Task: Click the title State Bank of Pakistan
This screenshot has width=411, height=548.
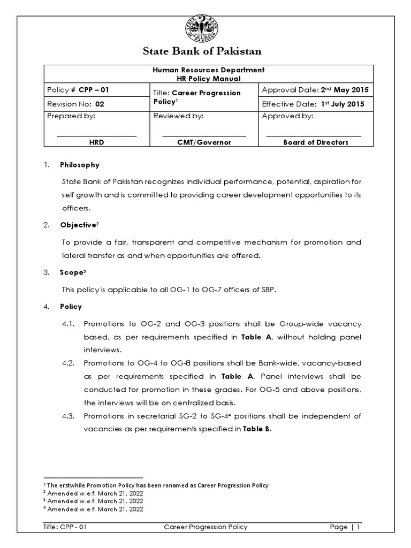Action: pyautogui.click(x=202, y=52)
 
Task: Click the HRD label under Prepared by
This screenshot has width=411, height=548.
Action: pyautogui.click(x=96, y=142)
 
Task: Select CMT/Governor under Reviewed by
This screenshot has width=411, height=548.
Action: pyautogui.click(x=204, y=142)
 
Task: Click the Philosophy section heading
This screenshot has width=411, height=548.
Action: pyautogui.click(x=79, y=165)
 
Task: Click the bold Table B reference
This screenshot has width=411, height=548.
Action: pyautogui.click(x=257, y=429)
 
